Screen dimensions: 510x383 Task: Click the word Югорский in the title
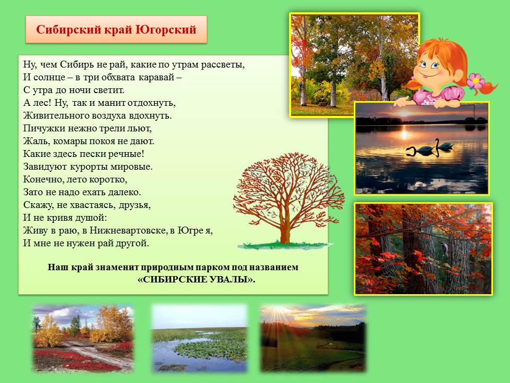[x=166, y=30]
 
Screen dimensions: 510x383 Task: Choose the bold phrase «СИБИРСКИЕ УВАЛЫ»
[x=197, y=279]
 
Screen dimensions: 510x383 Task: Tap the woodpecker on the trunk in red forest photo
[x=444, y=248]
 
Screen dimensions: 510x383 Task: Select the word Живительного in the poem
[x=54, y=115]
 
